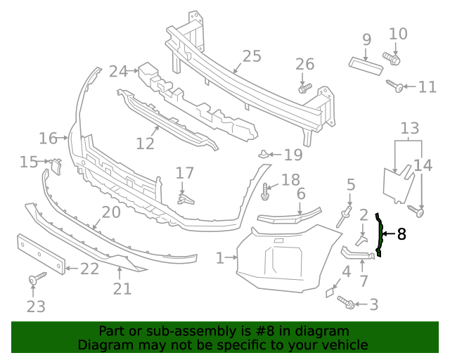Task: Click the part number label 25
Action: pos(251,56)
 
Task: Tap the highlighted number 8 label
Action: pos(401,234)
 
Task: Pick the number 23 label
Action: pos(36,306)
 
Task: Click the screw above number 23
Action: pos(33,281)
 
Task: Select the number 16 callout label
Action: pos(48,138)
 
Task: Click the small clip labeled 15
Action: pos(56,165)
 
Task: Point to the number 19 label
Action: pos(293,155)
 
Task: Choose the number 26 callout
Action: pos(304,65)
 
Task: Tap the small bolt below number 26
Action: pos(304,89)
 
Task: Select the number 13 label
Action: pos(409,129)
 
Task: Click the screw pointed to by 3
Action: pos(345,302)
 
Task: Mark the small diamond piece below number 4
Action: pos(330,291)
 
